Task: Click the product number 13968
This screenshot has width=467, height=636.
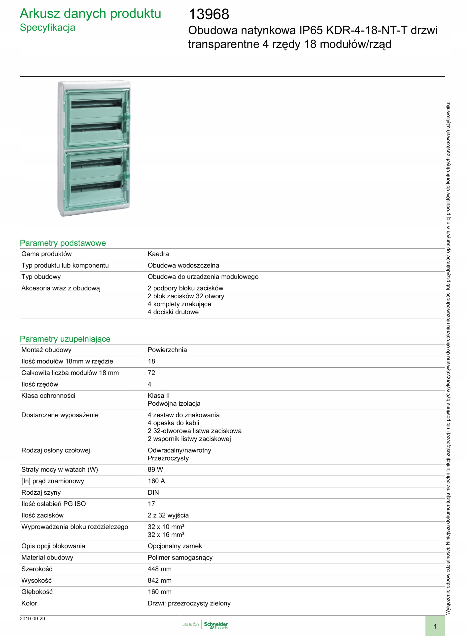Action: tap(209, 14)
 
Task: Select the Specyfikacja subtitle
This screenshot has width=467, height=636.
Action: tap(47, 28)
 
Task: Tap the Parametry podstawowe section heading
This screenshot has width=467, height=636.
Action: tap(63, 243)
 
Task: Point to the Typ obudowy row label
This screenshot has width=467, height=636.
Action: tap(41, 277)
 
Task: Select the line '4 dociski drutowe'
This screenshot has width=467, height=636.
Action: tap(173, 312)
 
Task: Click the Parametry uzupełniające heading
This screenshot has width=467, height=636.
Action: tap(65, 339)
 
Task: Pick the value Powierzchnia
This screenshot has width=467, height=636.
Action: tap(167, 350)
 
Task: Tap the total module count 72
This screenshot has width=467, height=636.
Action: tap(151, 373)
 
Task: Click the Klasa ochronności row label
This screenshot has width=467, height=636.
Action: tap(48, 396)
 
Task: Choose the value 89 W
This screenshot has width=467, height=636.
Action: tap(155, 470)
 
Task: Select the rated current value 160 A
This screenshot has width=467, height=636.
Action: tap(156, 481)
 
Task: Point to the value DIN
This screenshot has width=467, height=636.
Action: tap(153, 492)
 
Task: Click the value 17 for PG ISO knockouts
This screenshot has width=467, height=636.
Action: tap(151, 504)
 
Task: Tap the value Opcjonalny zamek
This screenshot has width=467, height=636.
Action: tap(175, 546)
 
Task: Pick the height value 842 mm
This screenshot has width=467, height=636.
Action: tap(159, 580)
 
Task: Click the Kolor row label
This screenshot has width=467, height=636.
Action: tap(29, 603)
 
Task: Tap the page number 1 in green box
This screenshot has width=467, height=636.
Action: tap(435, 626)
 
